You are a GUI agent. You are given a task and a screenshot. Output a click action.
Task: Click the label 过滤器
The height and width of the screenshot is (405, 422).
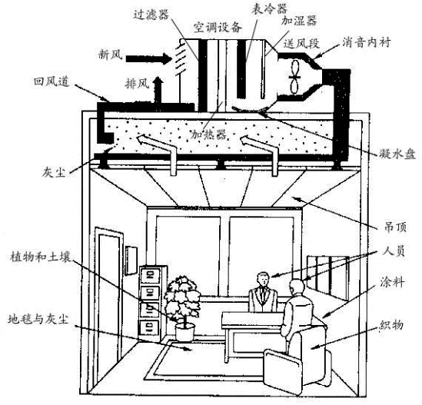point(151,15)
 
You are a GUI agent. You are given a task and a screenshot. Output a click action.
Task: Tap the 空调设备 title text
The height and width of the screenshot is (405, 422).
point(218,27)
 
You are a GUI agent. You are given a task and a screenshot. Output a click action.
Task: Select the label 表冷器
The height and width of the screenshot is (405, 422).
point(269,9)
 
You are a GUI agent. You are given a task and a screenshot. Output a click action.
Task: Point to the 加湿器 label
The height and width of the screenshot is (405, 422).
point(299,21)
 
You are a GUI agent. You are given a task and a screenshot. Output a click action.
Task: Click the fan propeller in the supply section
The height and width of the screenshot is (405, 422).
point(294,77)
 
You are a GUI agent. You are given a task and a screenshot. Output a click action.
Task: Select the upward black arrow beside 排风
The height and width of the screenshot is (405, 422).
point(158,89)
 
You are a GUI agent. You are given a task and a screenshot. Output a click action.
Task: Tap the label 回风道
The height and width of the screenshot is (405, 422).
point(52,81)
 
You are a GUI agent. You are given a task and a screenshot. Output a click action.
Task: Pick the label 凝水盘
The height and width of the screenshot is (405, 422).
point(397,154)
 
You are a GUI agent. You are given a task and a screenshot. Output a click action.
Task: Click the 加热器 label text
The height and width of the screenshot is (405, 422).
point(208,134)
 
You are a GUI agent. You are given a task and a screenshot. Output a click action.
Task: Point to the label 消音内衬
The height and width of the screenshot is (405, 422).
point(367,42)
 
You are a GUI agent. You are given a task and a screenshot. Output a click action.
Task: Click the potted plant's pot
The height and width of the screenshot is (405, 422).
point(185,333)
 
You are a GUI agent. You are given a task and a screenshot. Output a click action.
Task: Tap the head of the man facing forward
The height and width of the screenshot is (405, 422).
point(263,280)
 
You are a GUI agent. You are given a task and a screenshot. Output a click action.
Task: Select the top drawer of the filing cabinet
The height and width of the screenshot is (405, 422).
point(150,275)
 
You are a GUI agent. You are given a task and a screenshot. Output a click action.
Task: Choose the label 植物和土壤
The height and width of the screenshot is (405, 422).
point(41,257)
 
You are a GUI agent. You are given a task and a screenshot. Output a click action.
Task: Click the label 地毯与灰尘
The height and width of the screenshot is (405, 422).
point(38,319)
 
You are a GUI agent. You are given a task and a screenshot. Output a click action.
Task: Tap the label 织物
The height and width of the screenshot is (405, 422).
point(391,325)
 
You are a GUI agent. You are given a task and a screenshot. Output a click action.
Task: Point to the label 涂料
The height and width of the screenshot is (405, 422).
point(392,283)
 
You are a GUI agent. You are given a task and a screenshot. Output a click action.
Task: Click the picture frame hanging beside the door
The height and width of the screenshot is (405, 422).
point(131,261)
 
